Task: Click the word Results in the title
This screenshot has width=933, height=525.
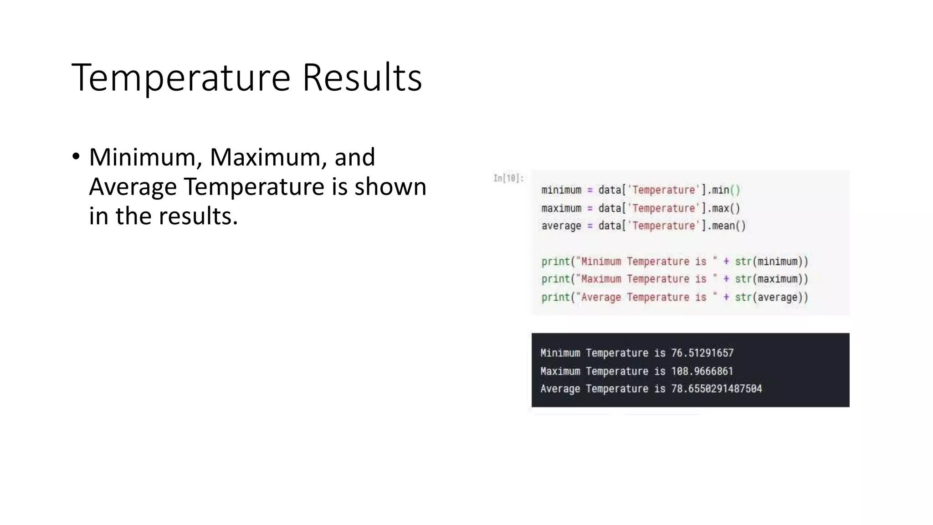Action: coord(362,77)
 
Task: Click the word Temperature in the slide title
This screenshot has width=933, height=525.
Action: coord(181,77)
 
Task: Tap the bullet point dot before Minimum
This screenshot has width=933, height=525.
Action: coord(76,157)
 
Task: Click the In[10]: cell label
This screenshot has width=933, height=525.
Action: coord(508,178)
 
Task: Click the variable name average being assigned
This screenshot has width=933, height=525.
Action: coord(561,226)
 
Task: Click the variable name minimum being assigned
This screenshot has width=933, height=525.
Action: coord(561,190)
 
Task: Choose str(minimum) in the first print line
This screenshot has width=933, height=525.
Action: coord(771,262)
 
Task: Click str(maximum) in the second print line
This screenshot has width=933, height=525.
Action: coord(771,279)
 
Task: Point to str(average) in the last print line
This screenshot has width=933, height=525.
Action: coord(771,298)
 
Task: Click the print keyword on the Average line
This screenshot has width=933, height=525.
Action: coord(555,298)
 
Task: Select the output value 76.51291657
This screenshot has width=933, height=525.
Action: coord(702,353)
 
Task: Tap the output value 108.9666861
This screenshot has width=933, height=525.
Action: coord(702,371)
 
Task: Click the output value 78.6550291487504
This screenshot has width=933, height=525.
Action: coord(716,389)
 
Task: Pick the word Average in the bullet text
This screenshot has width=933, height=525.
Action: coord(133,187)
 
